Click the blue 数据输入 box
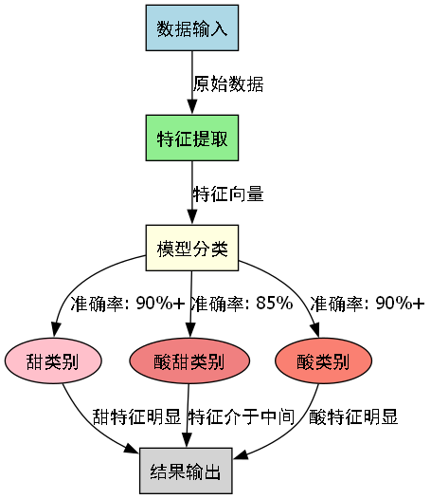(x=192, y=28)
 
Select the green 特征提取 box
(x=192, y=139)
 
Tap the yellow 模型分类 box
(x=192, y=249)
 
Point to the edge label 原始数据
(x=227, y=83)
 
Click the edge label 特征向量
(x=227, y=194)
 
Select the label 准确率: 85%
(x=242, y=305)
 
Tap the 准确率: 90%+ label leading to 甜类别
(x=127, y=305)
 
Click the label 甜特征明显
(x=136, y=416)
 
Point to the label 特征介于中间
(x=242, y=416)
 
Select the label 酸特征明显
(x=353, y=416)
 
